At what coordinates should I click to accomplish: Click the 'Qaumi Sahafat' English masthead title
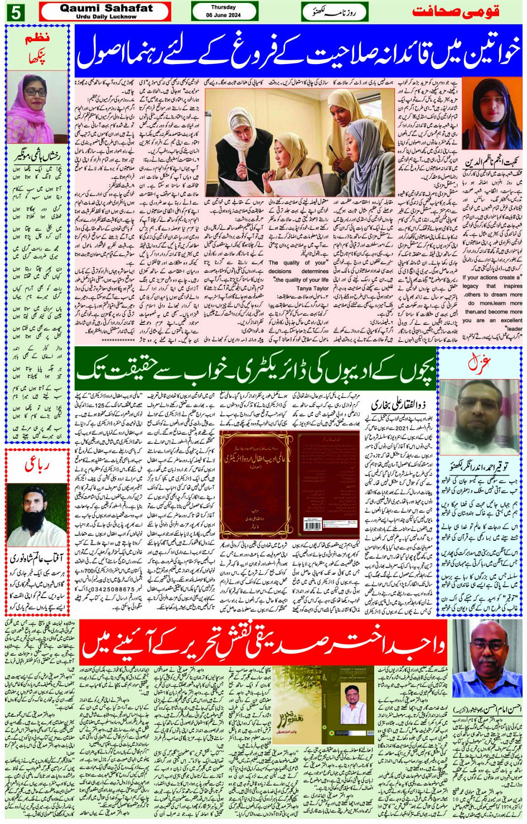[x=105, y=8]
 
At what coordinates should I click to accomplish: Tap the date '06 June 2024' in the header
[x=224, y=15]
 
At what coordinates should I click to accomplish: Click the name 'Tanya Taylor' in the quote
[x=312, y=289]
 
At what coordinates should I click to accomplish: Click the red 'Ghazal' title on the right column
[x=478, y=365]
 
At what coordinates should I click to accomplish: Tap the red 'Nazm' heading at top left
[x=37, y=40]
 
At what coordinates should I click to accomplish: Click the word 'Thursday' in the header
[x=224, y=7]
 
